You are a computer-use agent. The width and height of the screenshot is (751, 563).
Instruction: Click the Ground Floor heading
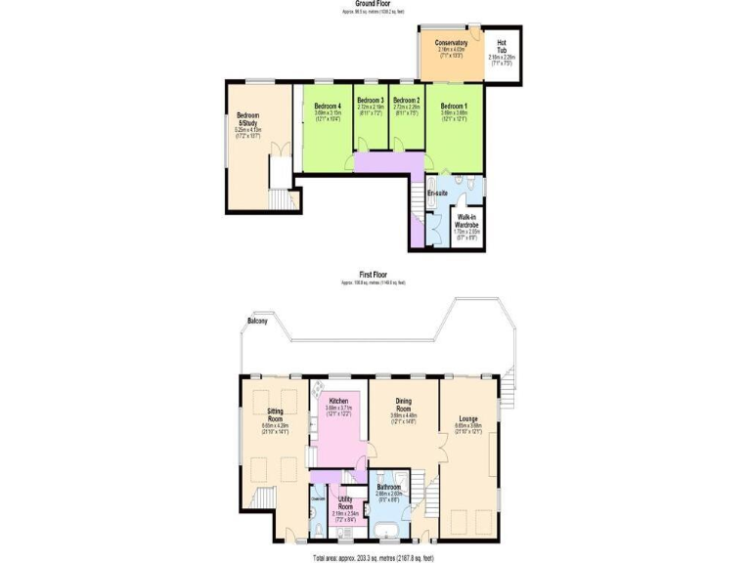click(375, 4)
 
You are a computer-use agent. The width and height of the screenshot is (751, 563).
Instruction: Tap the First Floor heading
click(375, 276)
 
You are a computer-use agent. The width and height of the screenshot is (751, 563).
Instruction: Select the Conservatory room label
click(451, 43)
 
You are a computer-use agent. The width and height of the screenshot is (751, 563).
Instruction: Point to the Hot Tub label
click(501, 45)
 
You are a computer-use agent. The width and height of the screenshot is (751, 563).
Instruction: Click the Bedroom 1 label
click(454, 106)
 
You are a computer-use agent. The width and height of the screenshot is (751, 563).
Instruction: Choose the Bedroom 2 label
click(406, 101)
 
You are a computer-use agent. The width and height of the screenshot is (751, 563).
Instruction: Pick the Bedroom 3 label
click(370, 101)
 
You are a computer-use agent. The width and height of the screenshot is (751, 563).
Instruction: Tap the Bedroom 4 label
click(328, 106)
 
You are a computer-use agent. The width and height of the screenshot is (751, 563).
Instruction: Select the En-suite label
click(437, 194)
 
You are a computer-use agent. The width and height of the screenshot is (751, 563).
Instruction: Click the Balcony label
click(258, 321)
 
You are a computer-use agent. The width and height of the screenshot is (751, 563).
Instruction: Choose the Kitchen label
click(338, 401)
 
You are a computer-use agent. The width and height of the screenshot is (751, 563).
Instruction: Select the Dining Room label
click(404, 405)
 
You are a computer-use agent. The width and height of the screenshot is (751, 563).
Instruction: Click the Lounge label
click(467, 420)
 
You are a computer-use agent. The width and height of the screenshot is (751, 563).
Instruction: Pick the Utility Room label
click(345, 502)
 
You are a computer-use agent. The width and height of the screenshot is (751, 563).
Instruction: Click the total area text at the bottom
click(375, 558)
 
